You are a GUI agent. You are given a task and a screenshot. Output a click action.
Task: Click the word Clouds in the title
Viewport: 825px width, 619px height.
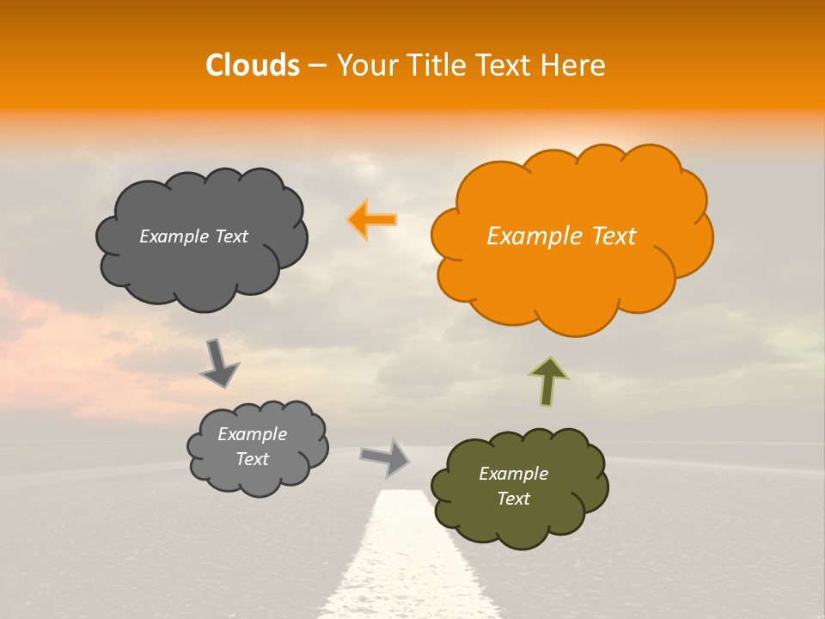[252, 65]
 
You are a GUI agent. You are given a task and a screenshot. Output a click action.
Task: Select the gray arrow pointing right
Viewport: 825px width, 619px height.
[385, 457]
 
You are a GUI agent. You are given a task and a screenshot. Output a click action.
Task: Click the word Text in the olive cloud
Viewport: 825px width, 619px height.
[513, 499]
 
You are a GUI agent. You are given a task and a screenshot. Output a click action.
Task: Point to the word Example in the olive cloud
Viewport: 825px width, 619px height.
[513, 474]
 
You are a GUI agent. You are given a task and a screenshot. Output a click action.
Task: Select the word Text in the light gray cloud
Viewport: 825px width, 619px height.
[252, 459]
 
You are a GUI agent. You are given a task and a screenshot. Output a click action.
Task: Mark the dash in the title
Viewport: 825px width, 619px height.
[317, 66]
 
